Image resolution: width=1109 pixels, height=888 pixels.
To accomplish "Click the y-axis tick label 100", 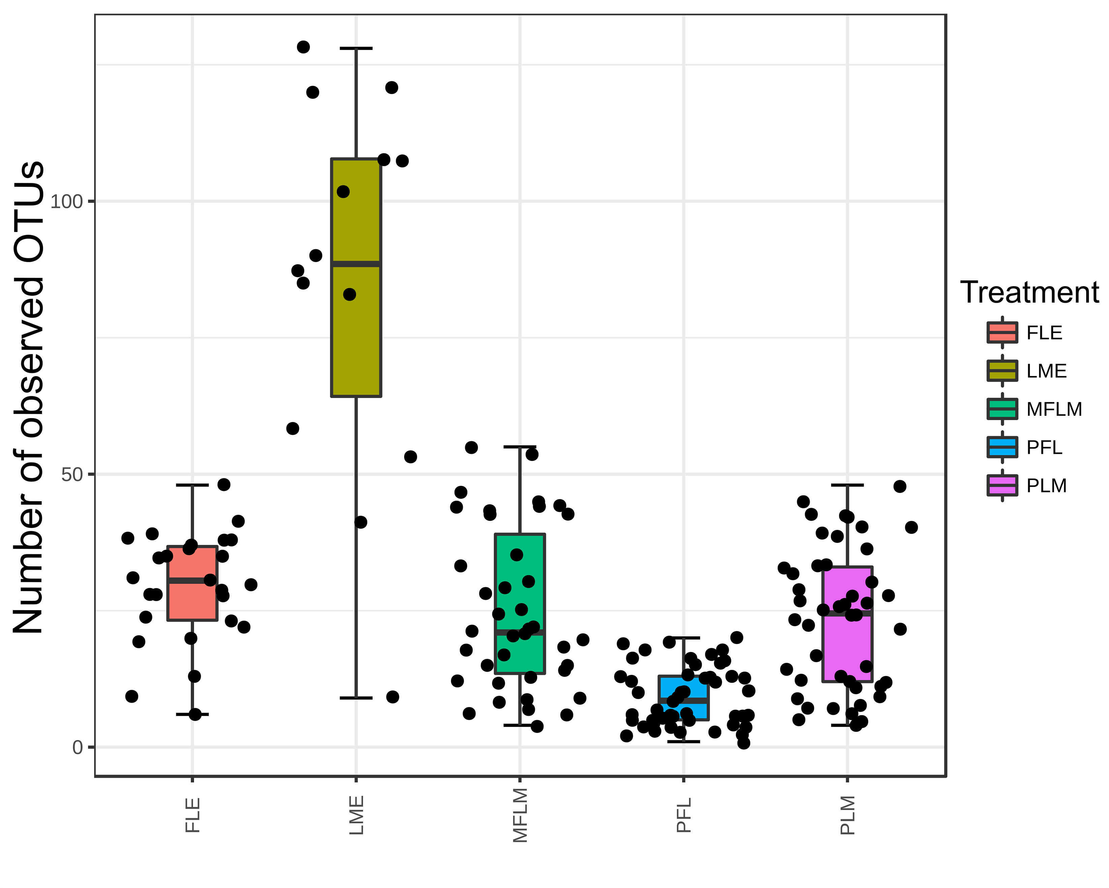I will point(66,202).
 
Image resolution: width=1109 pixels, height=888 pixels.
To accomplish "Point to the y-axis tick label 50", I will point(72,474).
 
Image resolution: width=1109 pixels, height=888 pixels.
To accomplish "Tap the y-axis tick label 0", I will point(78,747).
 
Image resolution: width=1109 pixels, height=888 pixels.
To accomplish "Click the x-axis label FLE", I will point(192,815).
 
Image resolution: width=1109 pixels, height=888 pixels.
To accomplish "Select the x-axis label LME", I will point(356,815).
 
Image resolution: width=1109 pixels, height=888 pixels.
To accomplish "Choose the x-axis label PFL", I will point(684,815).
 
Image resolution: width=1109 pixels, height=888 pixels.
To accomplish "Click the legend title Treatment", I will point(1029,293).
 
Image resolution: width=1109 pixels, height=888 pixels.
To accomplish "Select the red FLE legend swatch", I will point(1002,332).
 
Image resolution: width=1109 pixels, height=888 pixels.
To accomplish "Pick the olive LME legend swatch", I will point(1002,371).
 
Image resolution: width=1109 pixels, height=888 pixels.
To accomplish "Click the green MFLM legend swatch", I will point(1002,409).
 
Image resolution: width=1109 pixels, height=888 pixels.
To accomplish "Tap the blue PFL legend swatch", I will point(1002,447).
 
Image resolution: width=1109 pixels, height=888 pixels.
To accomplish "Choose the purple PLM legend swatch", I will point(1002,485).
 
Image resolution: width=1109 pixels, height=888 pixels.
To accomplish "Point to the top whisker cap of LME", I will point(356,48).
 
